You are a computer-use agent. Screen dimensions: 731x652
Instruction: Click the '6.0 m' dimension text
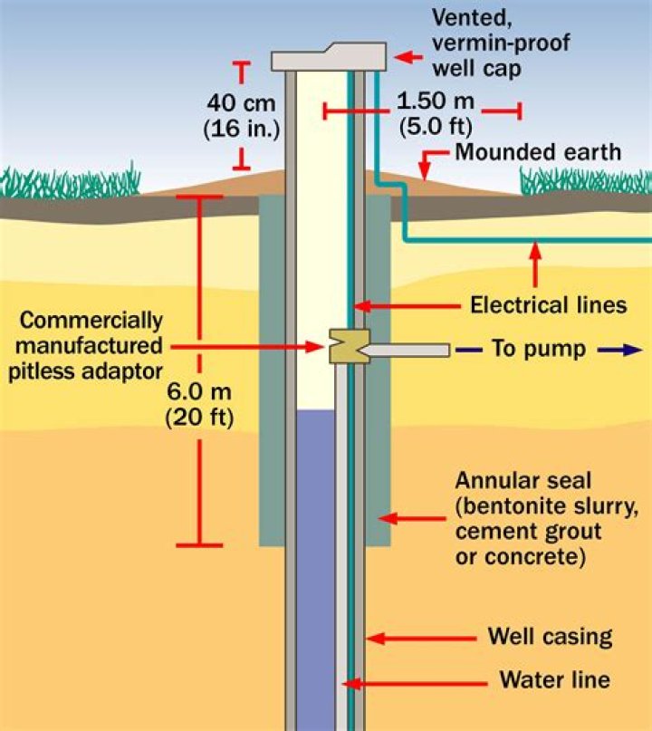click(x=199, y=394)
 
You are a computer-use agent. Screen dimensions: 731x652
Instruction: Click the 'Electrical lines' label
click(x=548, y=305)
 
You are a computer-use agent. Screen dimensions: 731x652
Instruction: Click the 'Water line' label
click(x=555, y=679)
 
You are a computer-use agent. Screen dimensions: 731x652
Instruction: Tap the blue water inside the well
click(x=315, y=543)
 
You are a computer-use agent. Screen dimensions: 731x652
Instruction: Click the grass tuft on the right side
click(x=584, y=180)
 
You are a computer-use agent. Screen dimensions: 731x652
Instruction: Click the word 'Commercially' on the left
click(x=91, y=321)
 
